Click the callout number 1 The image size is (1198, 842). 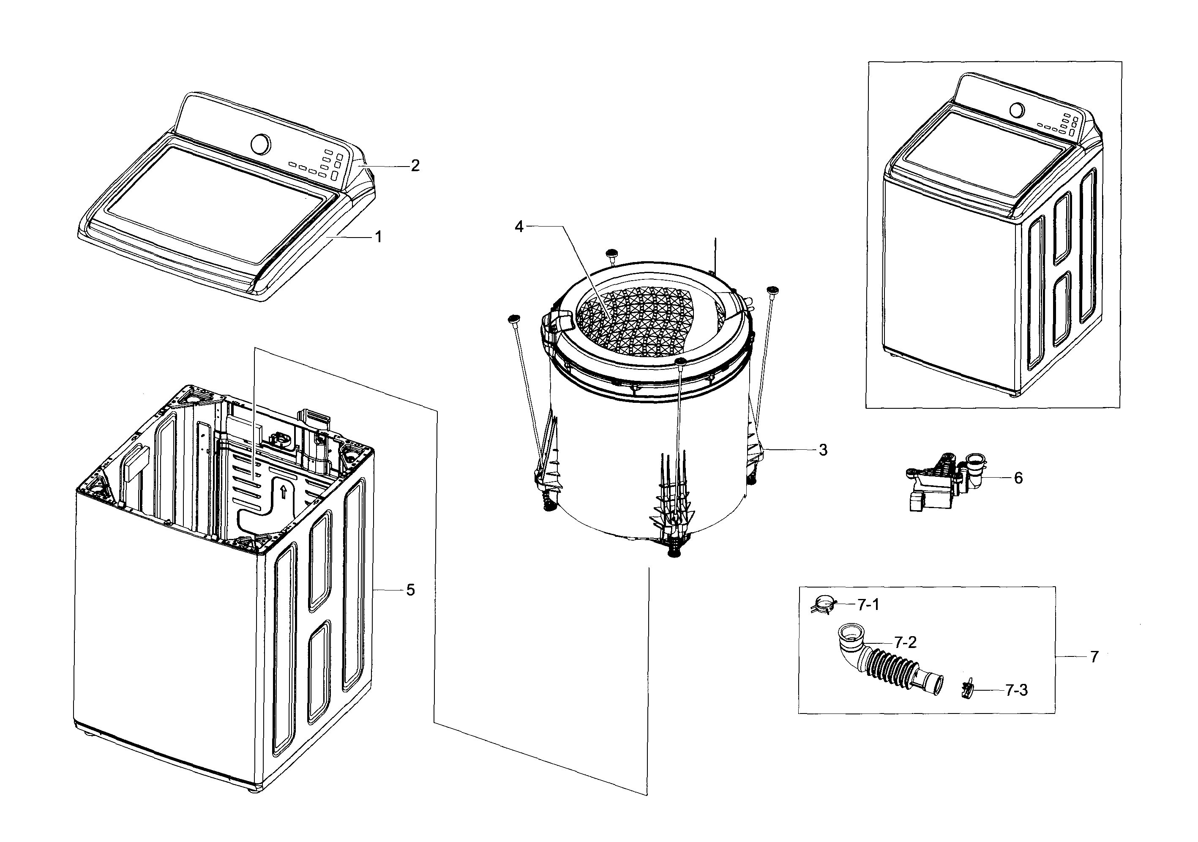379,237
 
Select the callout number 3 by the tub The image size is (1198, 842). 823,450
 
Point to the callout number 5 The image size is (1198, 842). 411,590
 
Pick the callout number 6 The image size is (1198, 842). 1018,478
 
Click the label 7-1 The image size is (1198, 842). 868,604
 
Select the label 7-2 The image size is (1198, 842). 905,642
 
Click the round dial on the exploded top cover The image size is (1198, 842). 261,144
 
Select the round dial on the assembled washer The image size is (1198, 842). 1016,110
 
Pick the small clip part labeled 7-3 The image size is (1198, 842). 966,691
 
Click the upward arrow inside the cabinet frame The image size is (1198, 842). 283,491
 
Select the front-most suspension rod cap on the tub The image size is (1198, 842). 680,361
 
